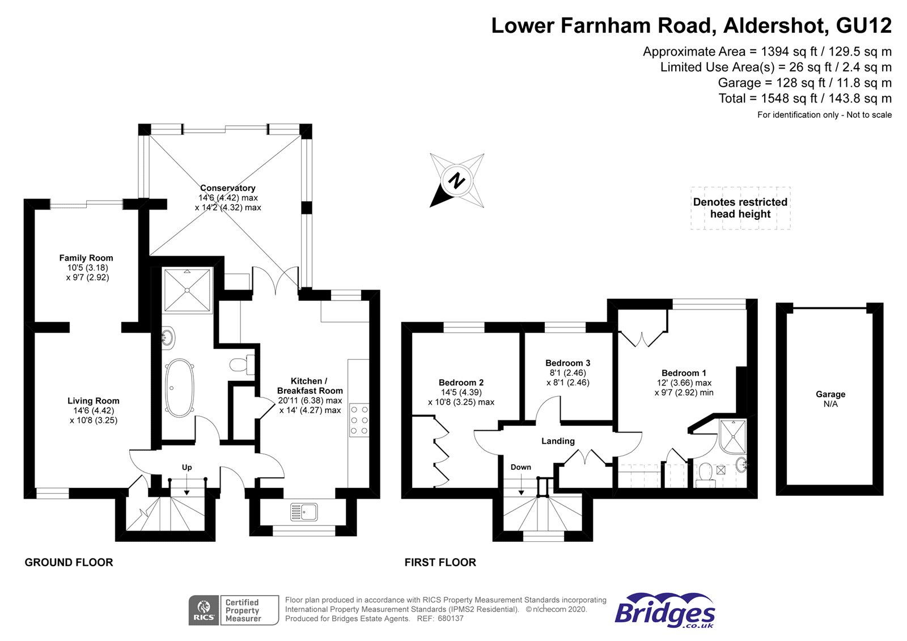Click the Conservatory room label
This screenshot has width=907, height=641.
coord(228,188)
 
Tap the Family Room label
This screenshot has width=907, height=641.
coord(86,258)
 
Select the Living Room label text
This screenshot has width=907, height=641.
coord(94,401)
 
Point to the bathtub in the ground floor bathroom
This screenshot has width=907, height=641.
coord(180,387)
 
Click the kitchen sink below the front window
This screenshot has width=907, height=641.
coord(304,512)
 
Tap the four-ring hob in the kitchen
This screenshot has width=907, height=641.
coord(359,419)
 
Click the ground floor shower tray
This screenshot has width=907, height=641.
coord(188,290)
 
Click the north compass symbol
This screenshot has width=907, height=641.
coord(457,181)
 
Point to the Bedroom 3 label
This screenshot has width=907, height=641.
coord(568,363)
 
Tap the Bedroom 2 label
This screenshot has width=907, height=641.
coord(461,383)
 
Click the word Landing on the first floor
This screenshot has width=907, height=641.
coord(558,441)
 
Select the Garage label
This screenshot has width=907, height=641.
coord(830,394)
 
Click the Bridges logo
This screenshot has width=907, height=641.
coord(665,610)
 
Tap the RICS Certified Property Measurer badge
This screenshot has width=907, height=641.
coord(234,610)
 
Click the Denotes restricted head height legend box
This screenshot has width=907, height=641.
coord(740,208)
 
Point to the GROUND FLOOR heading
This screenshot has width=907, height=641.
coord(69,562)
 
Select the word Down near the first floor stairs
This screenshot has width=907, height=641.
coord(521,467)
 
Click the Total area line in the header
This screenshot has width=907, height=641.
coord(805,99)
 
